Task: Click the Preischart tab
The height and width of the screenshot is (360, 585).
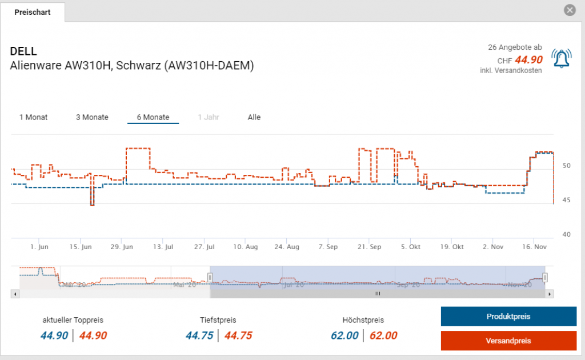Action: [33, 12]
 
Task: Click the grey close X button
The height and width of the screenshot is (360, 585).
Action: [569, 10]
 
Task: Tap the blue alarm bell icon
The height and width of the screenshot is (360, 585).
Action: [561, 59]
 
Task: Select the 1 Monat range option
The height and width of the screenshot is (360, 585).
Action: [34, 117]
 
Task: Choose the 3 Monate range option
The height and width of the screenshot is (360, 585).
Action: [92, 117]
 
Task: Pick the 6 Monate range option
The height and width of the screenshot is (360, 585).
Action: [153, 117]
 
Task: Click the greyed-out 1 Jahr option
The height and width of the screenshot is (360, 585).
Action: [209, 117]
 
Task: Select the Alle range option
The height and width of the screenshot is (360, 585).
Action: [254, 117]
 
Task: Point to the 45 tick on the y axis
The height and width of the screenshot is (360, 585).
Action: [567, 200]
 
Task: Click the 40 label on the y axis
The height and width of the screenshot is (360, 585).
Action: [567, 234]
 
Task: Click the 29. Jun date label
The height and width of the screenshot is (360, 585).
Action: [121, 247]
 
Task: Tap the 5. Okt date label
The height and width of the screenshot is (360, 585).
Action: [411, 247]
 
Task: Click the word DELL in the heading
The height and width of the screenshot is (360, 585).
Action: [23, 51]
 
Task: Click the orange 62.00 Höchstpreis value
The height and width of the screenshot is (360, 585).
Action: [383, 335]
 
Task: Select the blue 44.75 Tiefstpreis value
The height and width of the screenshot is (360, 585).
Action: [199, 335]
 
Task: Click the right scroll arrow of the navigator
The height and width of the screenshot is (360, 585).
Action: [550, 294]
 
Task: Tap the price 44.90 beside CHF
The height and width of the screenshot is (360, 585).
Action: [528, 60]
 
